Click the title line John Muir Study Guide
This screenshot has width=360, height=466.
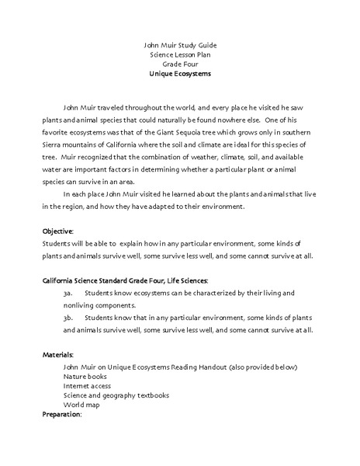(x=179, y=45)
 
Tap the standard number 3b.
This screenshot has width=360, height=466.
(x=68, y=318)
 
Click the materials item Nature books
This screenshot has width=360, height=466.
(x=85, y=376)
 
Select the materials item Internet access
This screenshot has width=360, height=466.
(x=87, y=385)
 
